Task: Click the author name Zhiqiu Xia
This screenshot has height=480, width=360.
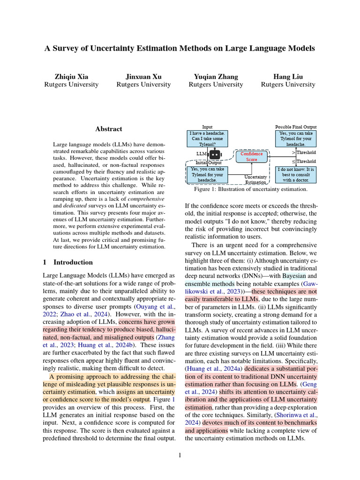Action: [71, 76]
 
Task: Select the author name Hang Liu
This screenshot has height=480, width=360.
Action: [288, 76]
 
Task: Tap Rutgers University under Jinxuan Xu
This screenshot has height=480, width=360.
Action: [143, 85]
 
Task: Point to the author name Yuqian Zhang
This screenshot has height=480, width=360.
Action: [216, 76]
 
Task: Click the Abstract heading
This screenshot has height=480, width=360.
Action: [109, 129]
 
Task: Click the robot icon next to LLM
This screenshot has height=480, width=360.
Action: [215, 154]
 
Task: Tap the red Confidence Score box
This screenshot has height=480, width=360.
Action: [252, 157]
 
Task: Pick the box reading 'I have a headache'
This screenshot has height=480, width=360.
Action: [207, 139]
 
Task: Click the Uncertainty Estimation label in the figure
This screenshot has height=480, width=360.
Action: [256, 180]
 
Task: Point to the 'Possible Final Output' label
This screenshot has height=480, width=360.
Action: [295, 127]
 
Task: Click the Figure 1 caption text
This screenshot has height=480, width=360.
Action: [250, 189]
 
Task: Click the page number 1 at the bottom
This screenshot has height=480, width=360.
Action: [180, 455]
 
